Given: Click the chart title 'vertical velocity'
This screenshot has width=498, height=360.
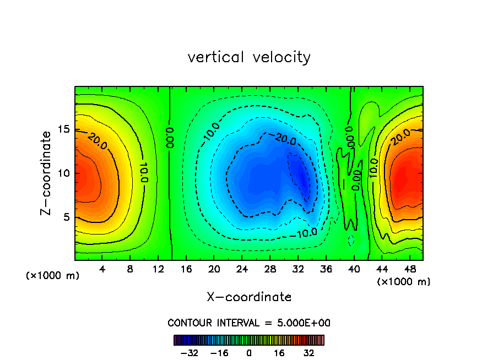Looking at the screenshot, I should [249, 57].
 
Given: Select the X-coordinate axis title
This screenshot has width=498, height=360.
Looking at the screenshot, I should [249, 297].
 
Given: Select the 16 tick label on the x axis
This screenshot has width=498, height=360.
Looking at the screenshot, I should [186, 269].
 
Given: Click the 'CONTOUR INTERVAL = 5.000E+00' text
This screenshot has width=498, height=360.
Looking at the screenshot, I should [249, 323].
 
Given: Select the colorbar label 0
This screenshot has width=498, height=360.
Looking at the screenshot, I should [249, 353].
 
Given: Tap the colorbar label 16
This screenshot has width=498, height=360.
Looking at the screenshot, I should [279, 353].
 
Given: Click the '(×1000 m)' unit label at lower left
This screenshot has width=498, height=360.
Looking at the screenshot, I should [53, 276].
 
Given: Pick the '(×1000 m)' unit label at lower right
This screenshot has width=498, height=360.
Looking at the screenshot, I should [404, 282].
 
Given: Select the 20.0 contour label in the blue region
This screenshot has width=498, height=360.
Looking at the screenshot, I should [285, 140].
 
